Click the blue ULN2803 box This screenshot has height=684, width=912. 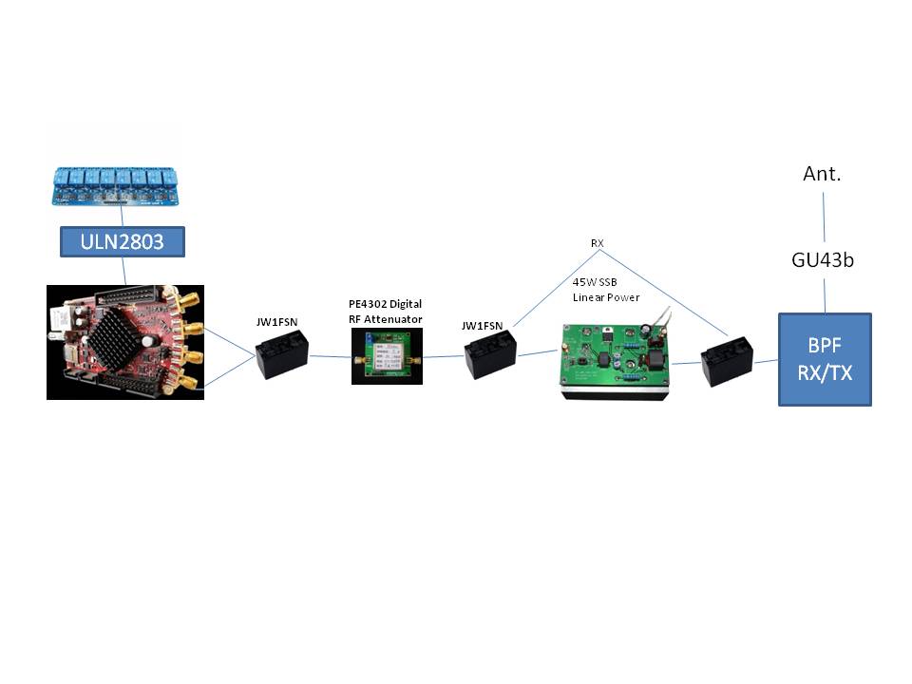(123, 241)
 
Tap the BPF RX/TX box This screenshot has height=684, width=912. (825, 359)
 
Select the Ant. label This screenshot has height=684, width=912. (822, 173)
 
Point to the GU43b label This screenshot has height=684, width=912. (823, 259)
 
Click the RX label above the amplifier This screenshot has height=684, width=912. (598, 243)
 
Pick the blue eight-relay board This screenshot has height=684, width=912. (116, 186)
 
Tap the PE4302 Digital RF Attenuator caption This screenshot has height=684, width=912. (385, 312)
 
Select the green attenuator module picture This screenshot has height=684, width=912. (387, 356)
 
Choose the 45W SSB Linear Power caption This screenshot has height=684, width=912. (605, 289)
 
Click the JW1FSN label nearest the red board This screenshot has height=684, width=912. (276, 322)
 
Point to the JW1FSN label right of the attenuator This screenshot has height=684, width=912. (483, 326)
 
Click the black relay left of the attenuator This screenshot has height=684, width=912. (282, 354)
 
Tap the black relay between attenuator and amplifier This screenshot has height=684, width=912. (490, 354)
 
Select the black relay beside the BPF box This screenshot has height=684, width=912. (727, 361)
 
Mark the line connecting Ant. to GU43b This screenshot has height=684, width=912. (824, 217)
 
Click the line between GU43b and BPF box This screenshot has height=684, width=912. (825, 296)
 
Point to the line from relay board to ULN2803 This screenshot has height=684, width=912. (122, 216)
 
